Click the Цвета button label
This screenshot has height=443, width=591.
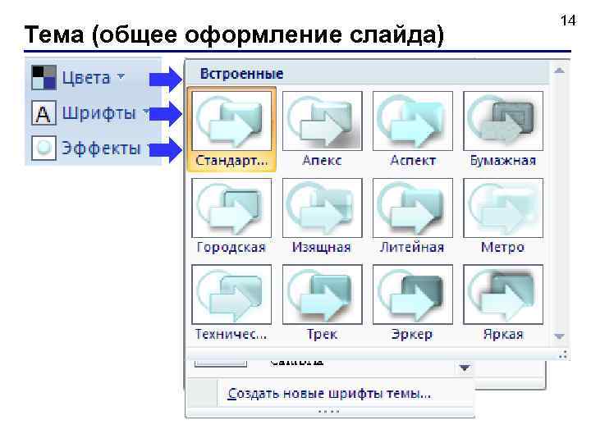[x=85, y=78]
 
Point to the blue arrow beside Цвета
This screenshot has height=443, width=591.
[x=168, y=78]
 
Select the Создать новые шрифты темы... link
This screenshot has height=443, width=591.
[x=329, y=394]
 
